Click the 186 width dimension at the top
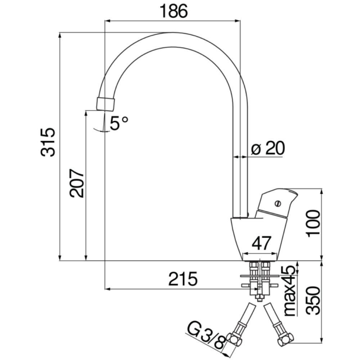click(x=174, y=12)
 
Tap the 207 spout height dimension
click(x=77, y=183)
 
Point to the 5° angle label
click(x=119, y=123)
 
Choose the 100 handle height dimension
click(x=314, y=223)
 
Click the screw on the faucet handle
click(x=277, y=203)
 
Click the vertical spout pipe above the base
click(x=240, y=162)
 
